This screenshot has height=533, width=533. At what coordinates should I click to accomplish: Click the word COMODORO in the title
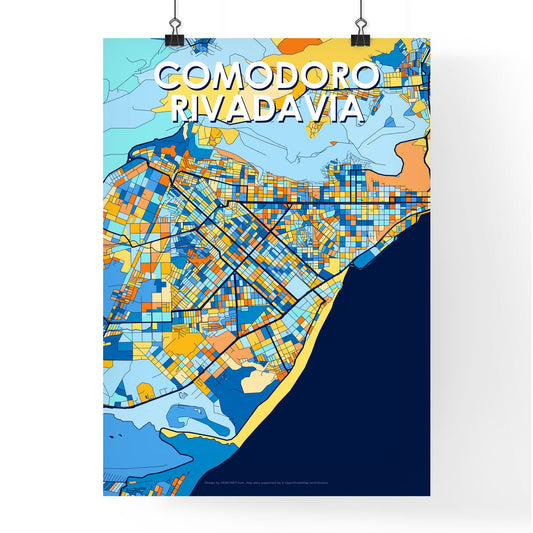pos(267,76)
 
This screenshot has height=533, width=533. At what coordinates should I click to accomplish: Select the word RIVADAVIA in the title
pos(267,107)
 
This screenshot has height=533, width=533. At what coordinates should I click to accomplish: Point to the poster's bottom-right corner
pos(429,495)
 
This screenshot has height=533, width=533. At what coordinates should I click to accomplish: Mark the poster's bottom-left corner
pos(104,495)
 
